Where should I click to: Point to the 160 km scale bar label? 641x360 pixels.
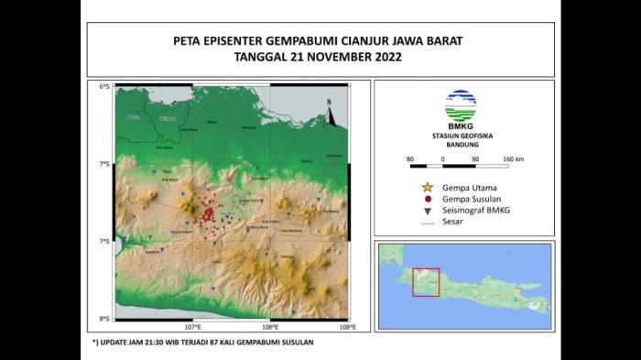click(513, 159)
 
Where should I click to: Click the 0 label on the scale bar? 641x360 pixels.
click(443, 159)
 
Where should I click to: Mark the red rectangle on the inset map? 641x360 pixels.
click(426, 282)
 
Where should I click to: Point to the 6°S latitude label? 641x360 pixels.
click(104, 87)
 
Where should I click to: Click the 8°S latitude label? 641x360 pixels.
click(104, 319)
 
